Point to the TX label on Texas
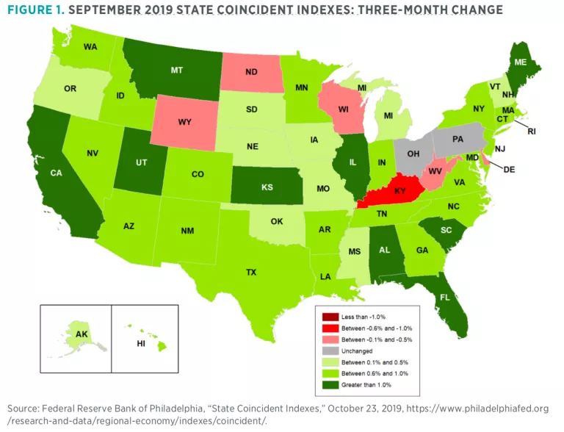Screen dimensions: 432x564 click(251, 272)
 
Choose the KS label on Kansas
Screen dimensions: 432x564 click(268, 187)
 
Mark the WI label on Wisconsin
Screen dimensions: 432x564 click(343, 112)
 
